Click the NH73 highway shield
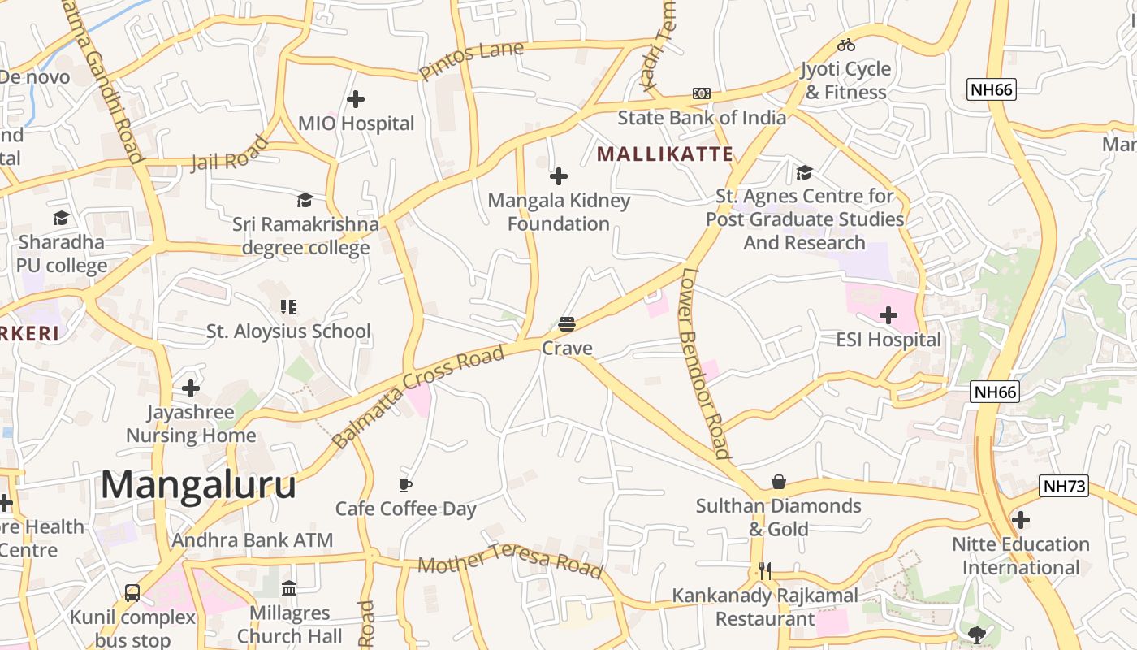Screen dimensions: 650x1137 pos(1063,487)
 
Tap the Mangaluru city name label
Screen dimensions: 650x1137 pos(198,485)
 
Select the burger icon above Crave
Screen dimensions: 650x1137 pos(567,324)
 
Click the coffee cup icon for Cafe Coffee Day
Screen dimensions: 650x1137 pos(405,485)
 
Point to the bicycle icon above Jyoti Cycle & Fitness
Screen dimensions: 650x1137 pos(846,45)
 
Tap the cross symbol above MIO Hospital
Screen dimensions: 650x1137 pos(356,99)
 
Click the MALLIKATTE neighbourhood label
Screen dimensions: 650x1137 pos(665,154)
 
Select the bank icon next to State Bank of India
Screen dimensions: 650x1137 pos(702,93)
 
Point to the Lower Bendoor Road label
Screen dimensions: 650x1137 pos(704,363)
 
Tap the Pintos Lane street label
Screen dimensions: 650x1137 pos(471,62)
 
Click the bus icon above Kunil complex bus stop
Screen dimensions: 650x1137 pos(132,593)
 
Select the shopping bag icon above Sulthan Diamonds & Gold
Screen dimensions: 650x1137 pos(779,482)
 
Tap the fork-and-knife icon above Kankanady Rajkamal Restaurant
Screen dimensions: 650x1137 pos(765,571)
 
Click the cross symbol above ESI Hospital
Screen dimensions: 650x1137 pos(888,315)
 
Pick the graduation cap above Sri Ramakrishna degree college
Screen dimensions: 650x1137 pos(305,200)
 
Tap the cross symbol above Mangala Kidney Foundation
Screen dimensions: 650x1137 pos(559,176)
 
